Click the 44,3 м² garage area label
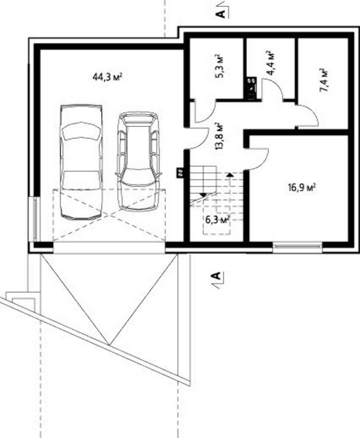pyautogui.click(x=108, y=77)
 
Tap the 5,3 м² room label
pyautogui.click(x=220, y=67)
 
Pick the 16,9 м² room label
pyautogui.click(x=302, y=187)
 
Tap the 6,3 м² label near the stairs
pyautogui.click(x=218, y=220)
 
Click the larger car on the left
pyautogui.click(x=81, y=162)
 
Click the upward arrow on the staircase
pyautogui.click(x=229, y=175)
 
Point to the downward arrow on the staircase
pyautogui.click(x=203, y=195)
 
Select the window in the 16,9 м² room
pyautogui.click(x=297, y=247)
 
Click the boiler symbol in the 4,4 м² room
pyautogui.click(x=251, y=88)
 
